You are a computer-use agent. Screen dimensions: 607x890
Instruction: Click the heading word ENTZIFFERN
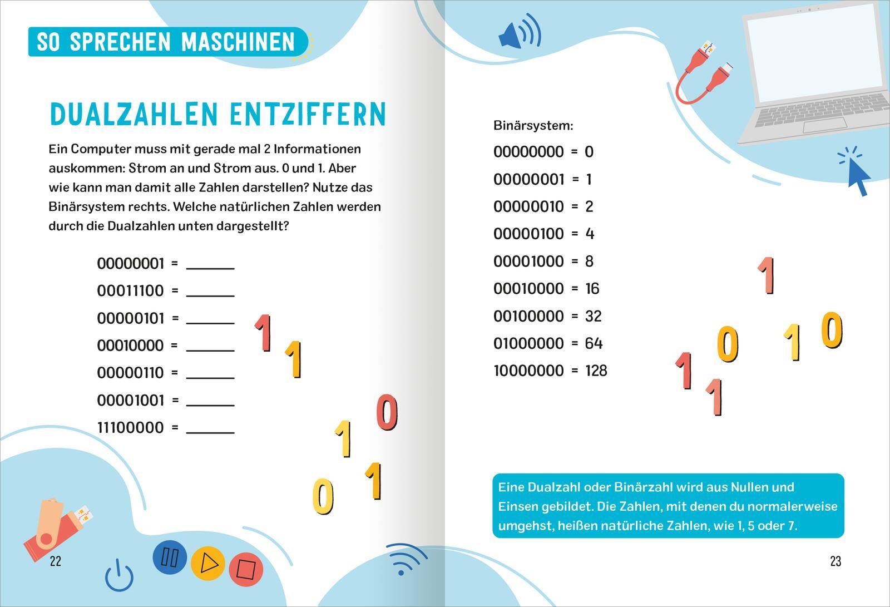(308, 114)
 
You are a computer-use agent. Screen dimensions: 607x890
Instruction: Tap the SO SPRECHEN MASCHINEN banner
(166, 42)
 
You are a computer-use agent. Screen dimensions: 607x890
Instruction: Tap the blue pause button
(169, 557)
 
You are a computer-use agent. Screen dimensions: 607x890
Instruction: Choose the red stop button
(245, 569)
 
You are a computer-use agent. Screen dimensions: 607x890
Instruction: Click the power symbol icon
(119, 576)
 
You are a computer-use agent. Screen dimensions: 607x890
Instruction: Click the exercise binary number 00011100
(130, 290)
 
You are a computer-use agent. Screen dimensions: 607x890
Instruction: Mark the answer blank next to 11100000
(210, 428)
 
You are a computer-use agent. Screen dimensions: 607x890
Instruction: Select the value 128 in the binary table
(596, 371)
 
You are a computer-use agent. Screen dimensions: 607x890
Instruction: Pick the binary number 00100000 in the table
(528, 316)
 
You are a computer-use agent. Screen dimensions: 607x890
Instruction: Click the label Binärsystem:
(533, 126)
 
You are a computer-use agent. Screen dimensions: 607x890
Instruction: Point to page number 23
(835, 561)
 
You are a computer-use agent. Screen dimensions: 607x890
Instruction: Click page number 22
(56, 561)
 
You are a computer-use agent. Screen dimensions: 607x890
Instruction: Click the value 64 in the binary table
(594, 343)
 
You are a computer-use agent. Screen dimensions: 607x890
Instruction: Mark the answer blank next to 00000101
(210, 318)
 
